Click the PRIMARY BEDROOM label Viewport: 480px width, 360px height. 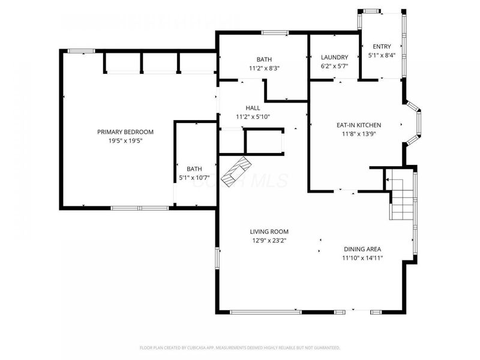point(126,132)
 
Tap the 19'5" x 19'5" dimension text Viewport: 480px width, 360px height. point(126,141)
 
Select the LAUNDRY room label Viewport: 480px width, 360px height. point(334,57)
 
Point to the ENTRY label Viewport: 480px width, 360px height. point(382,47)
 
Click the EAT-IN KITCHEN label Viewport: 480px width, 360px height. point(359,125)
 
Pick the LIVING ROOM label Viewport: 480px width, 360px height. point(269,232)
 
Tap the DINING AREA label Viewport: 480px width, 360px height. point(362,249)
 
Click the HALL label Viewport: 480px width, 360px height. point(253,108)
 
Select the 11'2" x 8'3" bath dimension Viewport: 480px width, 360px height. point(264,68)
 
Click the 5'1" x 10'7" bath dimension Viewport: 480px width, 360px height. point(194,178)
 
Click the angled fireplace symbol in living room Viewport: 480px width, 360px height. point(235,172)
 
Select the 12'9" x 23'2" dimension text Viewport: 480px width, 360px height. point(269,241)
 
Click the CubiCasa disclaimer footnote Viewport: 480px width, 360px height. point(240,347)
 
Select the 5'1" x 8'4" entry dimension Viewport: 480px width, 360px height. point(382,56)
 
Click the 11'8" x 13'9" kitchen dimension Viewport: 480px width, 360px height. point(359,134)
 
